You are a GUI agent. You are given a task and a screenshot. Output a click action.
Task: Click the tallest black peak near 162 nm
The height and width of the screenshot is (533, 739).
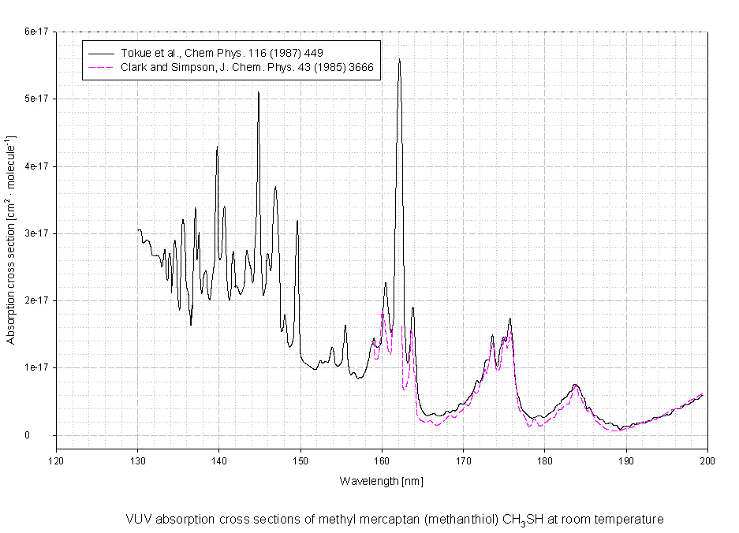pos(399,59)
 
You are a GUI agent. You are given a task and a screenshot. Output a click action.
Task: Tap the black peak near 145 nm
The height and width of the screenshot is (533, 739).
pos(258,93)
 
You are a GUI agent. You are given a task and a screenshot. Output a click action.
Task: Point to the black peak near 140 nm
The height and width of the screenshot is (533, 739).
pos(217,147)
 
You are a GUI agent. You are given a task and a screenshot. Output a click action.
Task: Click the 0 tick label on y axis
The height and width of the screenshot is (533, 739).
pos(47,435)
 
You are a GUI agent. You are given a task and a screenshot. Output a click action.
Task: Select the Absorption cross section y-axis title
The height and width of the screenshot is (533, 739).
pos(12,240)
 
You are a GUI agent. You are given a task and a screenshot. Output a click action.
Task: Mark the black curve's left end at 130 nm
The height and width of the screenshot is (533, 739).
pos(137,230)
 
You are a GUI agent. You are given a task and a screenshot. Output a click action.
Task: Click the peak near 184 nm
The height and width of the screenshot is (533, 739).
pos(576,384)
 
